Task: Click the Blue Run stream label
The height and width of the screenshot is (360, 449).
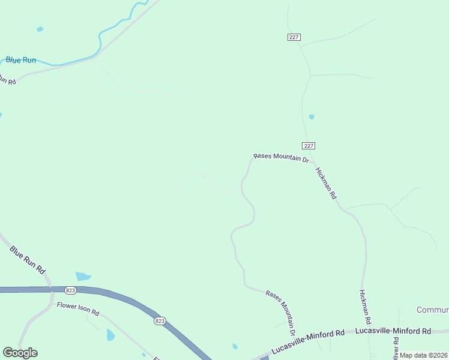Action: pyautogui.click(x=21, y=60)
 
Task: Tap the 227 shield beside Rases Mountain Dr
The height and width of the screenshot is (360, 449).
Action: pyautogui.click(x=308, y=146)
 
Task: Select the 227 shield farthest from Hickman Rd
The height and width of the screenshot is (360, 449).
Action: pyautogui.click(x=293, y=37)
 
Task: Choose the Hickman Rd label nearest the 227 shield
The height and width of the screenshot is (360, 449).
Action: pyautogui.click(x=327, y=183)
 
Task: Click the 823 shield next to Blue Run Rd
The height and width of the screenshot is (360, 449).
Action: pyautogui.click(x=71, y=290)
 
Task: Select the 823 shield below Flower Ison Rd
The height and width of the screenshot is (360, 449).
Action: pyautogui.click(x=159, y=321)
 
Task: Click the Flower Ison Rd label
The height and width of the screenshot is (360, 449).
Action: pyautogui.click(x=77, y=309)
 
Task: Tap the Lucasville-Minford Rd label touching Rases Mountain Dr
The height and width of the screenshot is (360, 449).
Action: pyautogui.click(x=307, y=340)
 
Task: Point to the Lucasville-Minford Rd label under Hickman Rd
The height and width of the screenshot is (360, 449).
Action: pyautogui.click(x=393, y=331)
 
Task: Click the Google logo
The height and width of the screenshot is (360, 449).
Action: pyautogui.click(x=20, y=353)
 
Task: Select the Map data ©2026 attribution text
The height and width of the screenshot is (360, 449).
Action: pyautogui.click(x=423, y=355)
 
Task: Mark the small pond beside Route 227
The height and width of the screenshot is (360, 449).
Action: pyautogui.click(x=311, y=116)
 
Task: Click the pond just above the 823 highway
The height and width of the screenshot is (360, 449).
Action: pyautogui.click(x=83, y=277)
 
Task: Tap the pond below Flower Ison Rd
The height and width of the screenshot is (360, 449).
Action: pyautogui.click(x=110, y=335)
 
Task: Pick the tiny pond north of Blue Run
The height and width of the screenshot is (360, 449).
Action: pyautogui.click(x=40, y=29)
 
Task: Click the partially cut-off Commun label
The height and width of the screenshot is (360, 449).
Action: pyautogui.click(x=432, y=310)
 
